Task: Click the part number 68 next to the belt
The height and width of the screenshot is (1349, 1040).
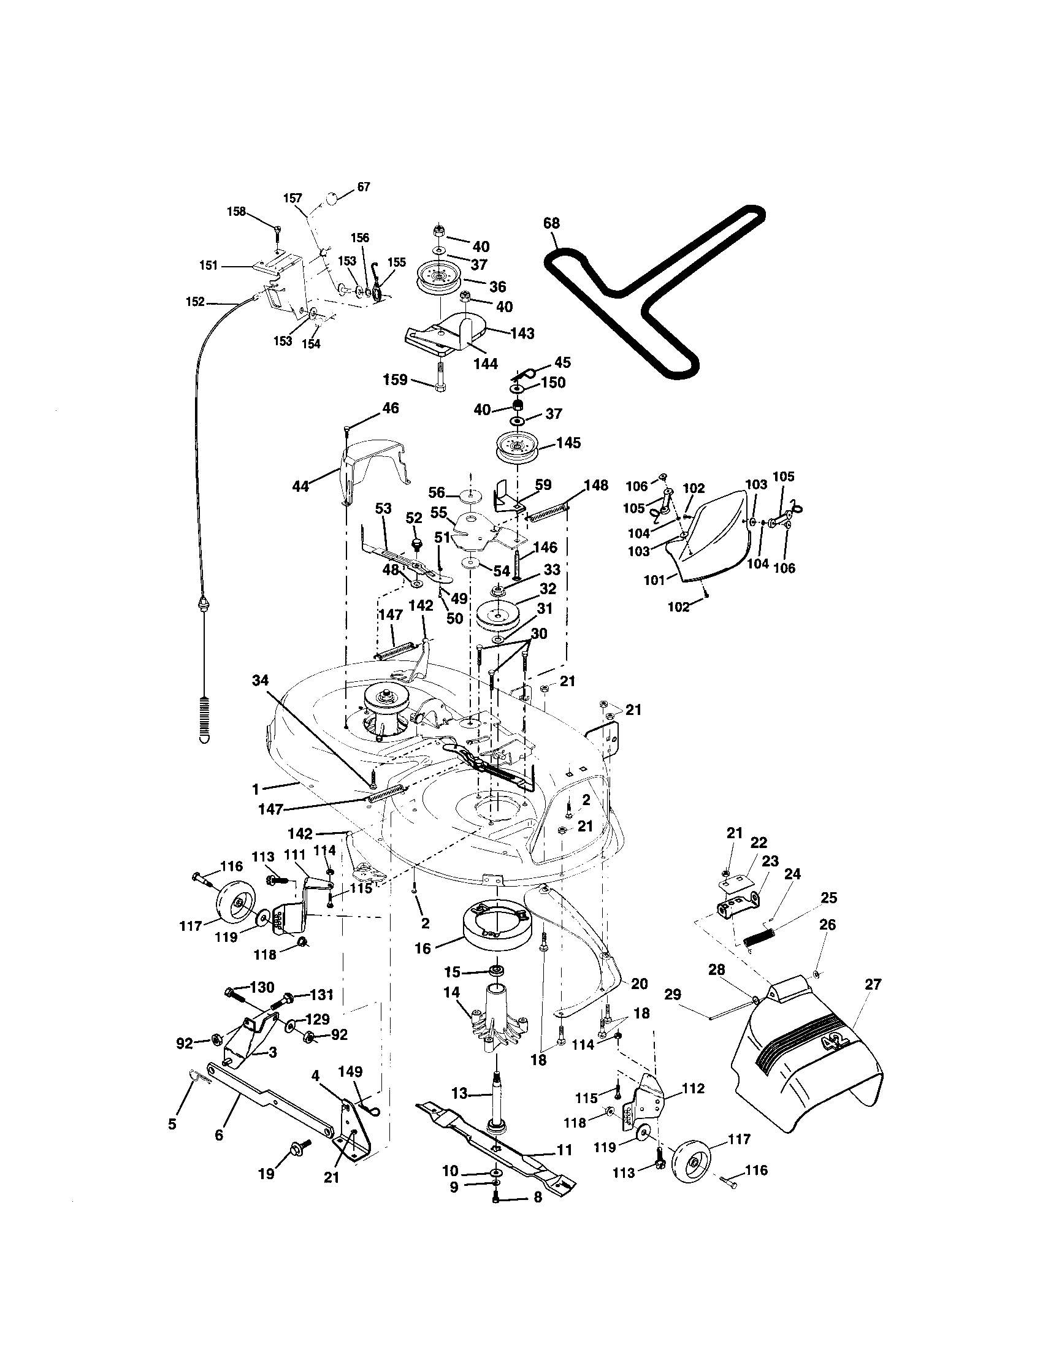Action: (x=551, y=223)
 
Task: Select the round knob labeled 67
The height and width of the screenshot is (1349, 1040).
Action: (x=332, y=199)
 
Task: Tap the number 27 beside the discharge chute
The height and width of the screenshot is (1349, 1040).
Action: (x=873, y=984)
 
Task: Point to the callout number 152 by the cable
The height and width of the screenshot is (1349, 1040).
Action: (x=195, y=302)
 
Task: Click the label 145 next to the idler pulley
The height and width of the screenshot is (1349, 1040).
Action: (x=569, y=443)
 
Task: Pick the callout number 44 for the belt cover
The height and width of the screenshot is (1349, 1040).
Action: (x=300, y=487)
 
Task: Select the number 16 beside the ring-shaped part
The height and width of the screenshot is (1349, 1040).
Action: (x=422, y=949)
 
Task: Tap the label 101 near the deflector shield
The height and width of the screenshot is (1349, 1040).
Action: (x=655, y=580)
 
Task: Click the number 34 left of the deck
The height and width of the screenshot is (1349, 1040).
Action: (x=261, y=681)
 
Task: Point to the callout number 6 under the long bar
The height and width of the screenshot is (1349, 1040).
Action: (x=219, y=1135)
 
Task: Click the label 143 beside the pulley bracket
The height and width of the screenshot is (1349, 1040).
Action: (x=522, y=333)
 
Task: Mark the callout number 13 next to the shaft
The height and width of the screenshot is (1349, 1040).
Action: (x=460, y=1093)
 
